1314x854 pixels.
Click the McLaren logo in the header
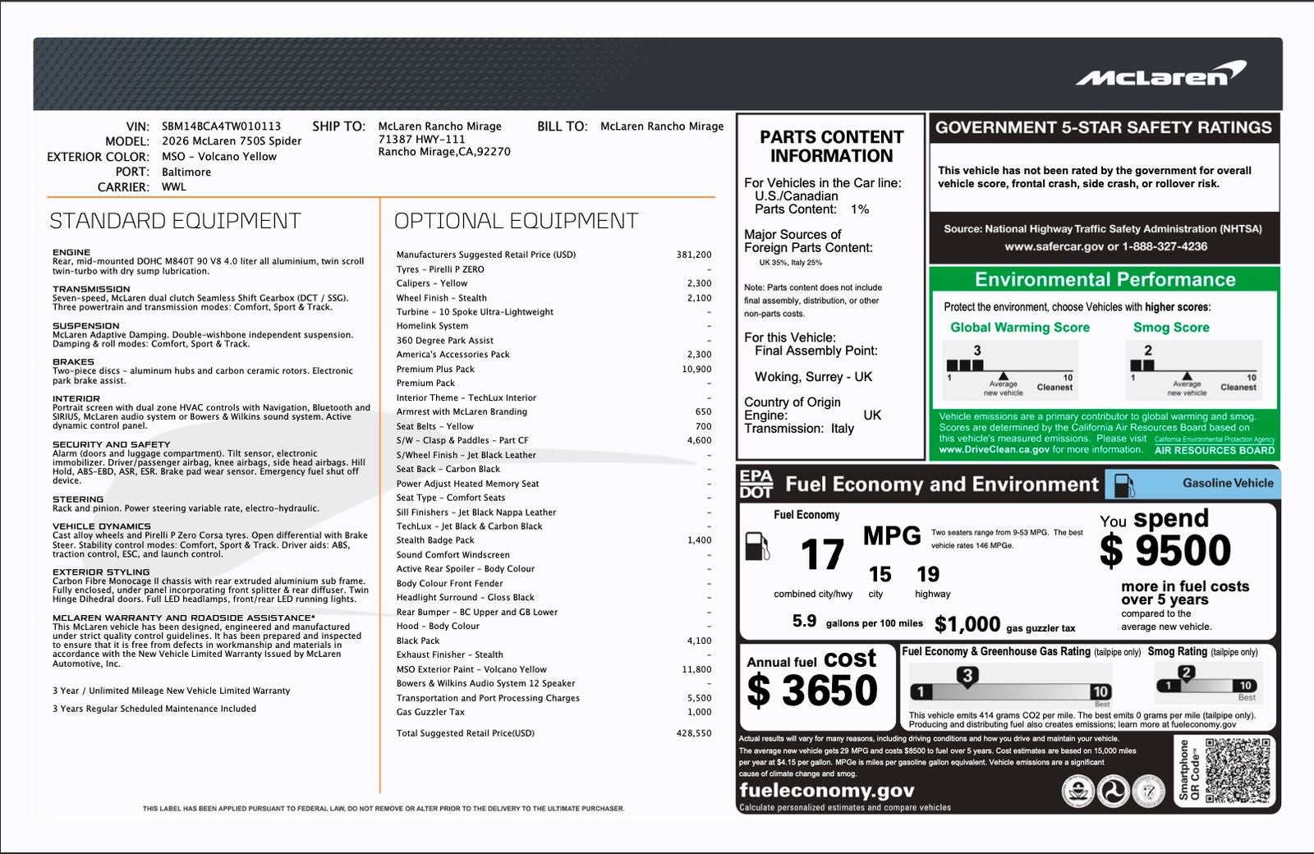click(1160, 75)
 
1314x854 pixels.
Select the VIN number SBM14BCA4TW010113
click(221, 126)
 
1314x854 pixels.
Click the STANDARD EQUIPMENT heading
click(175, 221)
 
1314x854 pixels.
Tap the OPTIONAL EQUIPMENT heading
click(516, 221)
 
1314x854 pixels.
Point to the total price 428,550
click(694, 733)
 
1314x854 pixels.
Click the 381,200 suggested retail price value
click(694, 255)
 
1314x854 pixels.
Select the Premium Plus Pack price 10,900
click(696, 370)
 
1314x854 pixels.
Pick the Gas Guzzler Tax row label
click(430, 712)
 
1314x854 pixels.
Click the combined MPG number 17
click(822, 555)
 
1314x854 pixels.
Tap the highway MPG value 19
click(928, 574)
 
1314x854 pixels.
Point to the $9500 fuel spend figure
click(1165, 551)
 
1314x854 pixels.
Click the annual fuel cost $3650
click(812, 690)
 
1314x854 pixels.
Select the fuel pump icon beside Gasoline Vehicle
click(1123, 484)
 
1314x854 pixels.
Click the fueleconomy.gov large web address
click(826, 790)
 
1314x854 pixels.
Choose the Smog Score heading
click(1171, 328)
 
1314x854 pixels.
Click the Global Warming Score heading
click(1019, 328)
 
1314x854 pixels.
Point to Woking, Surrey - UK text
click(813, 377)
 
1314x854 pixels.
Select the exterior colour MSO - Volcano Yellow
click(219, 157)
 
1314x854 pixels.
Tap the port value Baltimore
click(186, 172)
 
